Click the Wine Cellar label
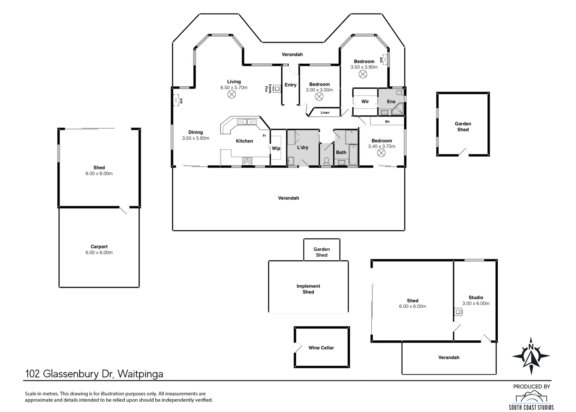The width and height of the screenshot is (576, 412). click(321, 348)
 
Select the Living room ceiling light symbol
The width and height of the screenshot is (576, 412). click(232, 94)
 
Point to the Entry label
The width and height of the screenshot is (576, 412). click(290, 85)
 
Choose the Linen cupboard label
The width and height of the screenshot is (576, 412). click(325, 113)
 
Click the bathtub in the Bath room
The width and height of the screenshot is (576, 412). click(353, 155)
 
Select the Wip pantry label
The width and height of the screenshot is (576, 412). click(276, 148)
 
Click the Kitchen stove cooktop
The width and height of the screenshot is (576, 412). click(247, 161)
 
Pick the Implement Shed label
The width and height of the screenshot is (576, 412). click(308, 289)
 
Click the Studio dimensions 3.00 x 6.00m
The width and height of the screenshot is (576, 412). click(476, 303)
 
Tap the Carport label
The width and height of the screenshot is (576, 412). click(99, 247)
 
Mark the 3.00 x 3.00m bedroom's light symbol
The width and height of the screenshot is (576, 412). click(319, 97)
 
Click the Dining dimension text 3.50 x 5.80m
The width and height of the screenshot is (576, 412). click(196, 138)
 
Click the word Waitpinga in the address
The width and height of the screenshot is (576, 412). click(140, 374)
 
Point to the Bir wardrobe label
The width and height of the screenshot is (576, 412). click(387, 122)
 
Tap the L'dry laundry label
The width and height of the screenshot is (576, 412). click(303, 147)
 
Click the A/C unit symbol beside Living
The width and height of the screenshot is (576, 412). click(176, 101)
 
